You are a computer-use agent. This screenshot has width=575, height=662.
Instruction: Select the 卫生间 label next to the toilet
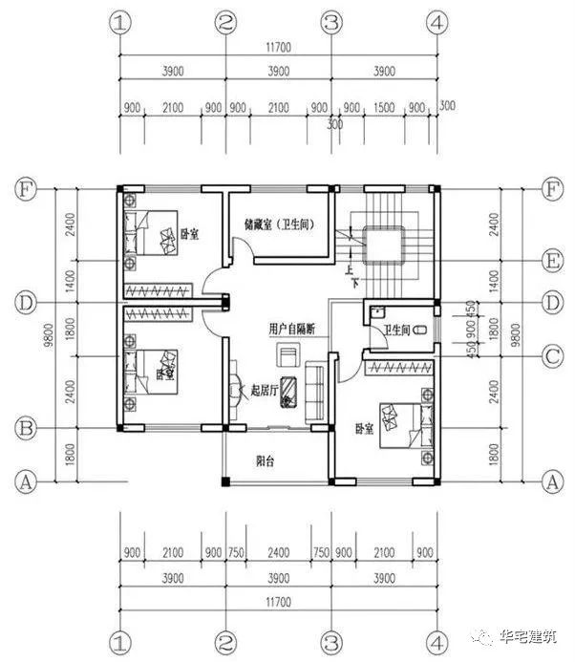395,331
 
